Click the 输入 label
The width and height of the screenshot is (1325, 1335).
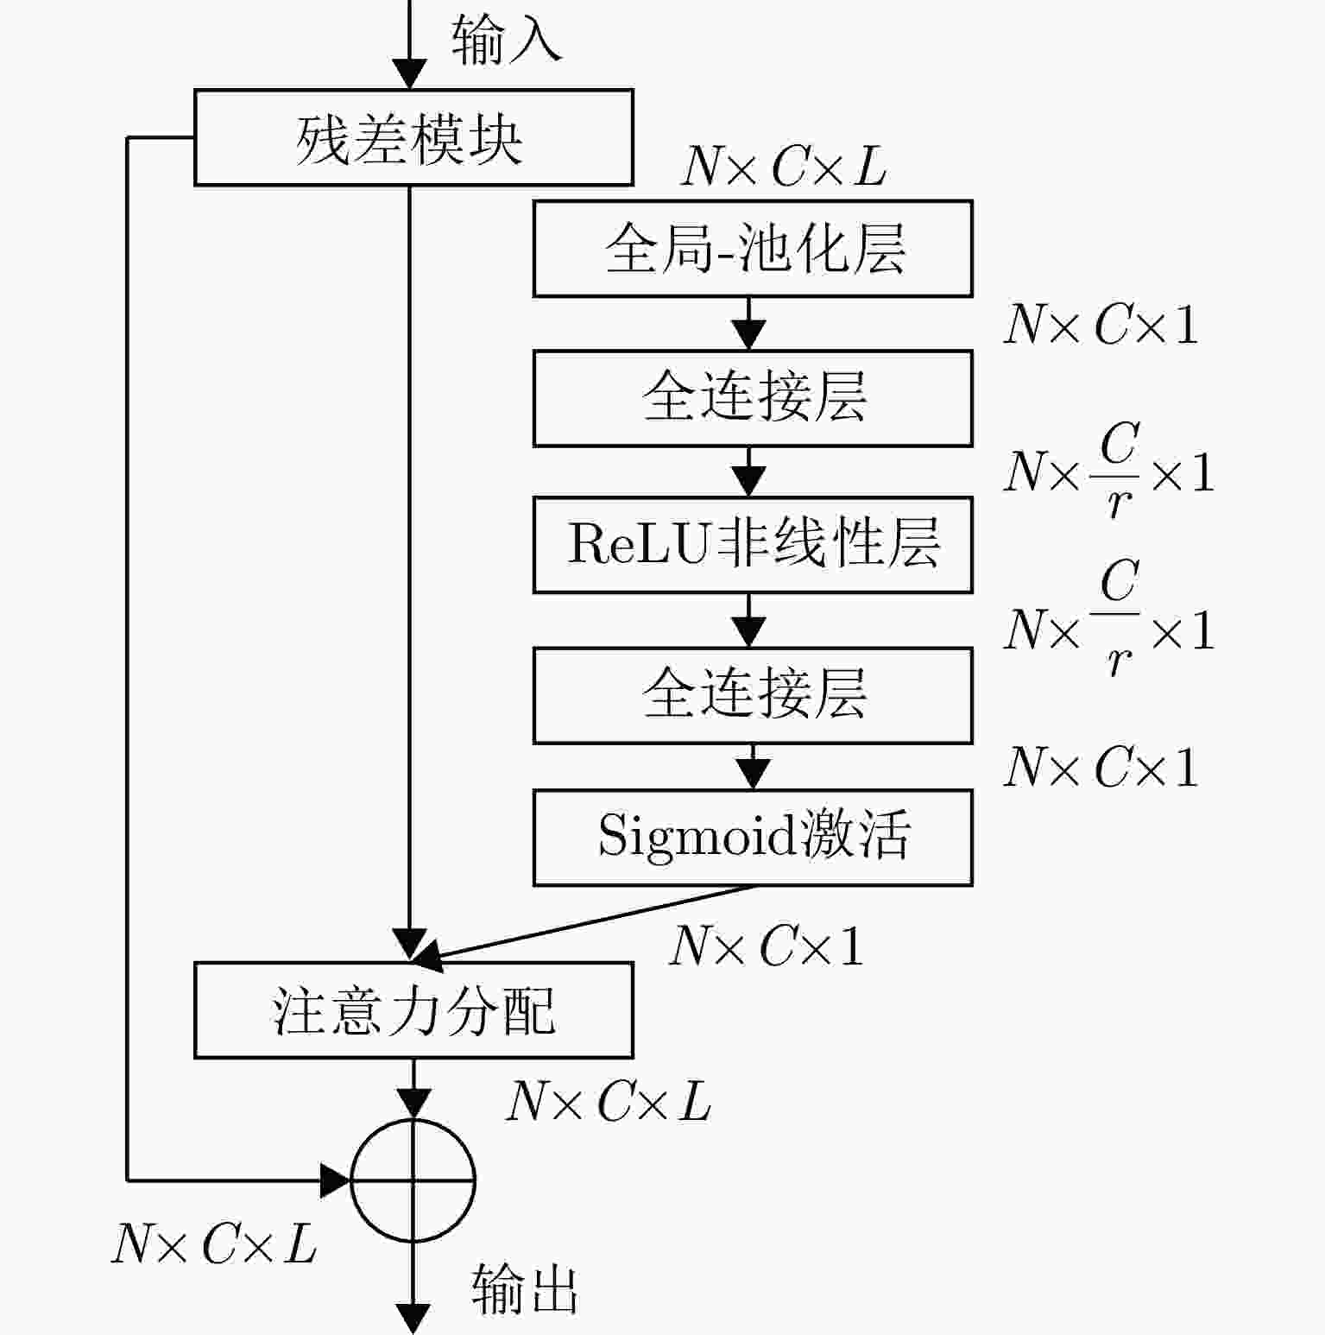pyautogui.click(x=506, y=40)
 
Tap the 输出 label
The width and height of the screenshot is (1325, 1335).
pyautogui.click(x=525, y=1290)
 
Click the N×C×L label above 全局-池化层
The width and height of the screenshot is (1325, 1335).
pyautogui.click(x=784, y=166)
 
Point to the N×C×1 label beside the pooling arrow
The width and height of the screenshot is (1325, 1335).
pyautogui.click(x=1101, y=326)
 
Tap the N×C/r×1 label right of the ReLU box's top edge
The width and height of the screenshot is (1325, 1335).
pyautogui.click(x=1109, y=471)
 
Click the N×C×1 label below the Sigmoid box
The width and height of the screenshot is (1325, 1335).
pyautogui.click(x=767, y=946)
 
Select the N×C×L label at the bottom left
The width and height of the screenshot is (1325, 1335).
pyautogui.click(x=214, y=1244)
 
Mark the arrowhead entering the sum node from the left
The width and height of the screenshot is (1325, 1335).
pyautogui.click(x=336, y=1180)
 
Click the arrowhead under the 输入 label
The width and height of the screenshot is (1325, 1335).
pyautogui.click(x=410, y=74)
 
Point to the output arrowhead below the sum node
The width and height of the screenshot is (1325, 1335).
pyautogui.click(x=413, y=1319)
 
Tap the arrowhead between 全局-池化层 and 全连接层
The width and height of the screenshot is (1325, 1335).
pyautogui.click(x=749, y=334)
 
